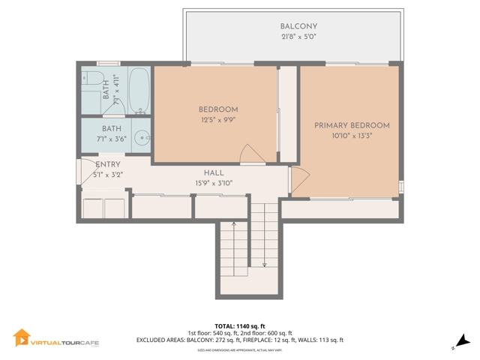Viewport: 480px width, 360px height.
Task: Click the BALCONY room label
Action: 293,26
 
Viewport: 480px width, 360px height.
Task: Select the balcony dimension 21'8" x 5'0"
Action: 293,37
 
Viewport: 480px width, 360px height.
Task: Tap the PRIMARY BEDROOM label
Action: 352,125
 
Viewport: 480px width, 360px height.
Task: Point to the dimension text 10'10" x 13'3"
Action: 352,136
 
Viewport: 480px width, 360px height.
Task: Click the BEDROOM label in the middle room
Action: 217,109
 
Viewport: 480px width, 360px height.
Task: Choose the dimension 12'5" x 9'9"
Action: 217,120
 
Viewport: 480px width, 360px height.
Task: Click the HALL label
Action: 214,172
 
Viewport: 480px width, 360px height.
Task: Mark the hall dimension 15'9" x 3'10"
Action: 214,183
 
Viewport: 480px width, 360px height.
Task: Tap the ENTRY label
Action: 108,165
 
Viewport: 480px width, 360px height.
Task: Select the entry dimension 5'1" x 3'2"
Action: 107,175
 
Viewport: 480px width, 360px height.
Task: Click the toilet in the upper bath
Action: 93,79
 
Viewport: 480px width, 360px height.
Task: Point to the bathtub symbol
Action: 138,90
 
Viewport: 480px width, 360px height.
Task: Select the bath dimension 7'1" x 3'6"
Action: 112,139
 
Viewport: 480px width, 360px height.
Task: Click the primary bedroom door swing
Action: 299,178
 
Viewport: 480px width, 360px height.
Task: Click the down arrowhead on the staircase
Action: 264,264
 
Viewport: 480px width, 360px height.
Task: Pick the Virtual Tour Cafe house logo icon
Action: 21,339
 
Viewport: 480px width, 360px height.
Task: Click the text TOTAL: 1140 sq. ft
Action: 240,326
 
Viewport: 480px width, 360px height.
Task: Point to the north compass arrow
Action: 460,341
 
